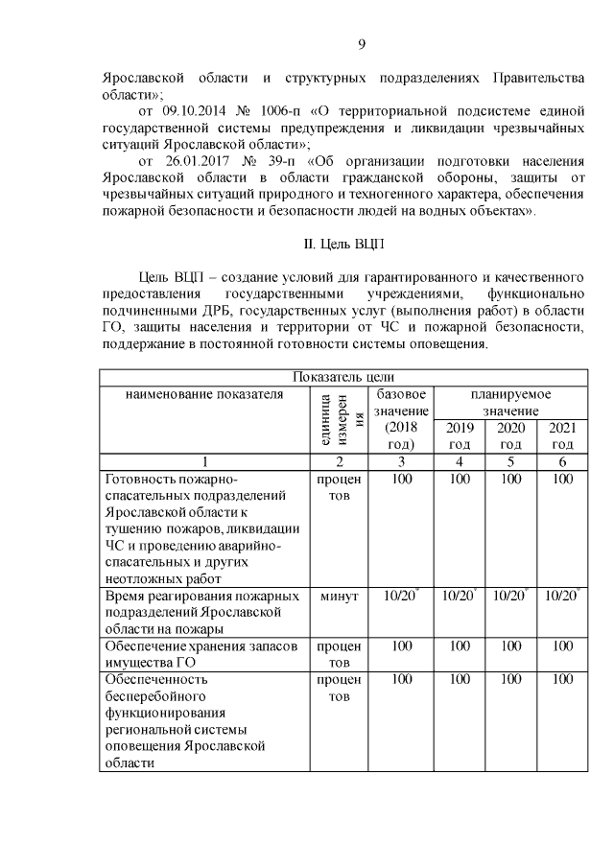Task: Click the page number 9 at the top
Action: pos(362,43)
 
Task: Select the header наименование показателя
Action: pos(203,394)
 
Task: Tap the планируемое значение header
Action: pos(509,402)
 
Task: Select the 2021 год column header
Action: pos(561,435)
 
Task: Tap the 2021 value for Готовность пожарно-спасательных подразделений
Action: pos(561,479)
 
